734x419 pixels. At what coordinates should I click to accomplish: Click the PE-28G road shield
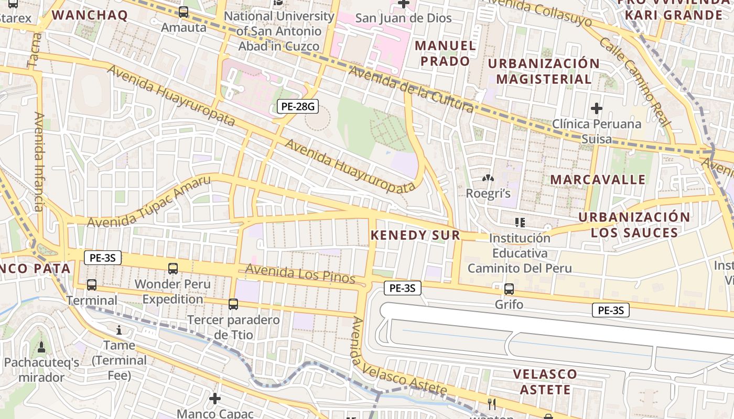[x=298, y=107]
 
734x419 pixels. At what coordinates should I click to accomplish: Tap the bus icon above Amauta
[x=183, y=12]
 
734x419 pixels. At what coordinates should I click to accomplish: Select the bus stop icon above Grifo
[x=509, y=289]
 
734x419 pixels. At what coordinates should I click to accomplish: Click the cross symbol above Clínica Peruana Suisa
[x=596, y=108]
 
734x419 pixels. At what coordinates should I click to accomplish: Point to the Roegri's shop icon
[x=488, y=179]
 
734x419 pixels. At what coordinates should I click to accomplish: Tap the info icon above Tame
[x=119, y=330]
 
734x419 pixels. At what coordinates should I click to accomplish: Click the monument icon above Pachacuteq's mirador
[x=41, y=347]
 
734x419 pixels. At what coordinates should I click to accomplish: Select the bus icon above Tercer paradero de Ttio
[x=233, y=304]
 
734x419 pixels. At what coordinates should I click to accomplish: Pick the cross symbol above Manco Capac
[x=214, y=399]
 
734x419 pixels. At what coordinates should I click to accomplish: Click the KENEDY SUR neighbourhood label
[x=415, y=235]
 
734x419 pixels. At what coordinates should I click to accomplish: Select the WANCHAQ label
[x=90, y=15]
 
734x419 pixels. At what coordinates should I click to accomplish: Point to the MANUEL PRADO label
[x=446, y=53]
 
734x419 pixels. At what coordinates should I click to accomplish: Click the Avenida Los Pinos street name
[x=300, y=273]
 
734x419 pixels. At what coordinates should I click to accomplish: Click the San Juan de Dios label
[x=403, y=18]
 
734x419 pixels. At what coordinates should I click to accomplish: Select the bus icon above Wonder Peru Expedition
[x=173, y=269]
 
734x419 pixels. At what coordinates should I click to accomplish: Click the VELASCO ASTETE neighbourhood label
[x=545, y=382]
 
